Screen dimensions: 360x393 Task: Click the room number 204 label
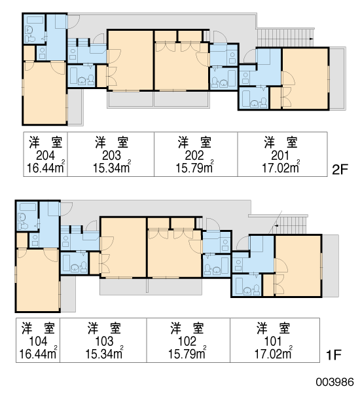pos(45,155)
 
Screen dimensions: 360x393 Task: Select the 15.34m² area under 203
pos(112,167)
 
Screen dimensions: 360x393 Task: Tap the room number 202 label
pos(194,155)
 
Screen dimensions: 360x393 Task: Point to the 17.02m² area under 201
pos(281,167)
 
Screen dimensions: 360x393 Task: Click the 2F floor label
pos(340,170)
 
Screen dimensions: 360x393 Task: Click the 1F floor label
pos(333,355)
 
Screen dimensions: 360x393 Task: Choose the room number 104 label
pos(38,341)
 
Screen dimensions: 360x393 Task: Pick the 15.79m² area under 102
pos(187,353)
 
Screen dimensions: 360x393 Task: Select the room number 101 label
pos(273,341)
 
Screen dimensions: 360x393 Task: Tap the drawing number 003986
pos(334,382)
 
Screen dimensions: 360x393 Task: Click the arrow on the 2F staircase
pos(311,39)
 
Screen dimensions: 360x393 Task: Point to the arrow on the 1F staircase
pos(277,225)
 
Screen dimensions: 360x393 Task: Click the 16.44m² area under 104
pos(38,353)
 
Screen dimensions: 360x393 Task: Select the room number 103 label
pos(104,341)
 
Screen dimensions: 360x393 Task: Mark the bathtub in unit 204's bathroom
pos(35,20)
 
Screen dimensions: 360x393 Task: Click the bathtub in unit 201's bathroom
pos(246,98)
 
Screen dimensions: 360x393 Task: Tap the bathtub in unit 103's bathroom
pos(66,263)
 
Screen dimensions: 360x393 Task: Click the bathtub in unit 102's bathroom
pos(225,265)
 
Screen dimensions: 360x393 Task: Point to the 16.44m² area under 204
pos(46,167)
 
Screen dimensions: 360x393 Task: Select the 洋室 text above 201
pos(281,142)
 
